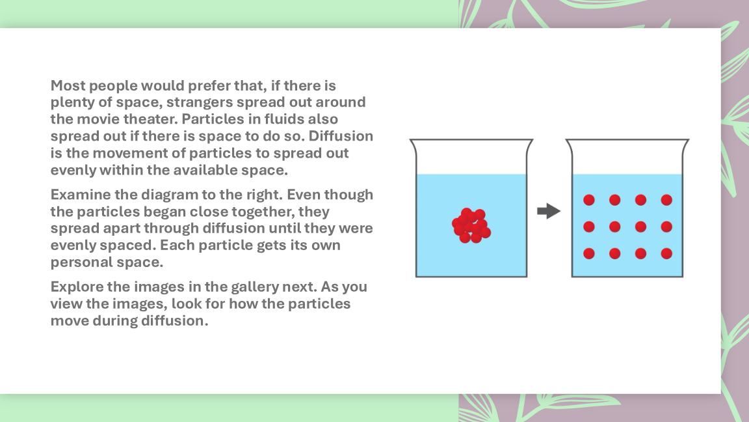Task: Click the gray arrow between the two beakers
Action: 548,211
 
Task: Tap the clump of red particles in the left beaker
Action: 471,225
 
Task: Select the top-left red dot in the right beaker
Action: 589,200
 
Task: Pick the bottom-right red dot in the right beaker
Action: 666,253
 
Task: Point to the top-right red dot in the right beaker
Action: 666,200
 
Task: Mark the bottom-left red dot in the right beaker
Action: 589,253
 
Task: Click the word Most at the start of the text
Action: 68,86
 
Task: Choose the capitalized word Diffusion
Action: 341,136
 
